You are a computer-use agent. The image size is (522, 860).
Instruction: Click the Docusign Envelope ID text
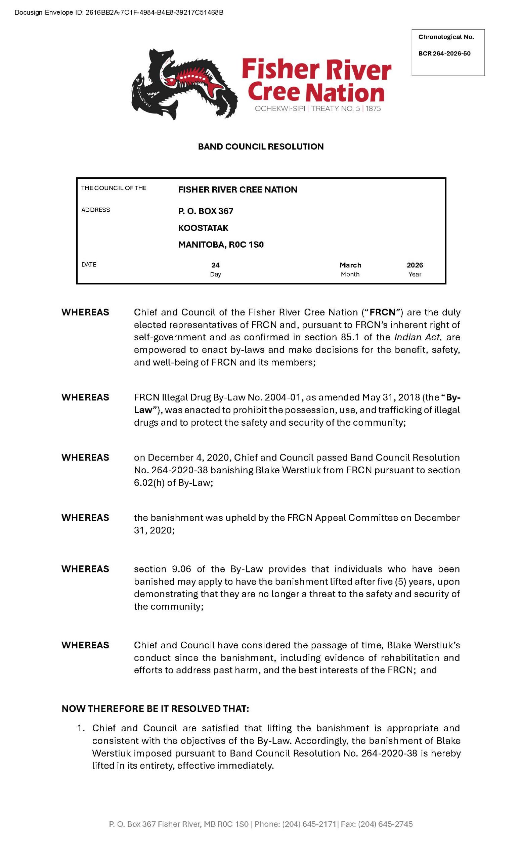coord(119,12)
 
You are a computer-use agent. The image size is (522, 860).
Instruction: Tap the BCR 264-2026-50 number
coord(444,53)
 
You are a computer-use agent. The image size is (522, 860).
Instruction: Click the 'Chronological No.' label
coord(446,37)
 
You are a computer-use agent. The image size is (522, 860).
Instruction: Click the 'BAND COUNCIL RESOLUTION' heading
coord(261,146)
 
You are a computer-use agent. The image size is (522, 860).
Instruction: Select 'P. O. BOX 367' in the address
coord(206,211)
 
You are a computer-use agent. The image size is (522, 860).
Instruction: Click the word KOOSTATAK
coord(203,228)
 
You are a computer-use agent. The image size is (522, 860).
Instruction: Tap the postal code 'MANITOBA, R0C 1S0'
coord(221,245)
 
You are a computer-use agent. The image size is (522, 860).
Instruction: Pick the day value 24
coord(215,265)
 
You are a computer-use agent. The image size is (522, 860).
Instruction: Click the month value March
coord(350,265)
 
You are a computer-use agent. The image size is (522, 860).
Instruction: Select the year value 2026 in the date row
coord(415,265)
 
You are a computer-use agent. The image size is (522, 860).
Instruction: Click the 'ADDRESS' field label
coord(96,210)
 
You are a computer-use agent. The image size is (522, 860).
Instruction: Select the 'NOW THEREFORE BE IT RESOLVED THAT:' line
coord(155,708)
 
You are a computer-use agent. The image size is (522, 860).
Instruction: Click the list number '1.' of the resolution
coord(81,728)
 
